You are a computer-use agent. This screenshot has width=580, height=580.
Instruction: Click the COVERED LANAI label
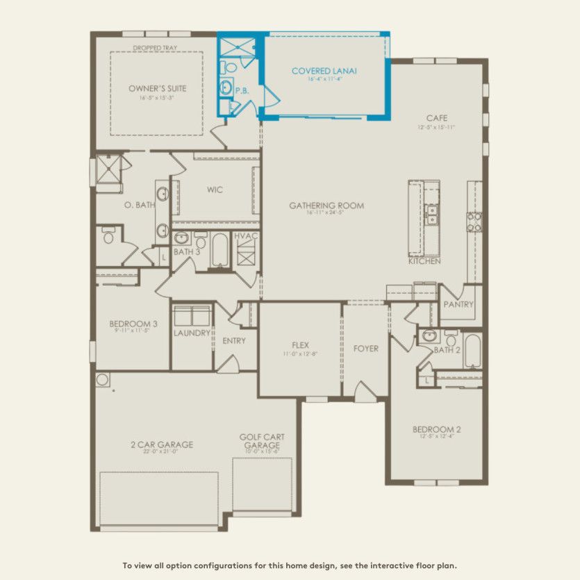click(316, 71)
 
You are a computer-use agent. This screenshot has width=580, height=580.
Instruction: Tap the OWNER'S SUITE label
click(158, 89)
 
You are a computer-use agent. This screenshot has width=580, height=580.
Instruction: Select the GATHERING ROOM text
click(326, 206)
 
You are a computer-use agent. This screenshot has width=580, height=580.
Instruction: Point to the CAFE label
click(436, 118)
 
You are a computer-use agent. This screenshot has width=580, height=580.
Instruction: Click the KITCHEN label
click(424, 261)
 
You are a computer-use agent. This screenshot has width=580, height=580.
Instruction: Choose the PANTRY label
click(458, 304)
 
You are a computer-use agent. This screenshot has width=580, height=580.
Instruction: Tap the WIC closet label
click(215, 190)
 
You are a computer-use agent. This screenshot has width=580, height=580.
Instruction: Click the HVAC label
click(246, 236)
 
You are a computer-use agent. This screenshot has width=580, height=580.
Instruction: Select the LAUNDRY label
click(192, 333)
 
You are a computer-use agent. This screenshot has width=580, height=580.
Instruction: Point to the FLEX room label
click(300, 345)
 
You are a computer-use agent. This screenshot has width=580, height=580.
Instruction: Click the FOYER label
click(366, 348)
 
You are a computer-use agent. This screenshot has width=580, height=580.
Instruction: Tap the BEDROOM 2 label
click(436, 429)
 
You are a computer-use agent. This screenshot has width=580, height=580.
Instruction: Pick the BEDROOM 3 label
click(133, 324)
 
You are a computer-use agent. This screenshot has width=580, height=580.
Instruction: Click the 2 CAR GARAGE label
click(161, 445)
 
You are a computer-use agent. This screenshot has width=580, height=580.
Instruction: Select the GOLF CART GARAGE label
click(262, 441)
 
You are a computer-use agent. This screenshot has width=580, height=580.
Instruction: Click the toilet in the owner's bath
click(108, 238)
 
